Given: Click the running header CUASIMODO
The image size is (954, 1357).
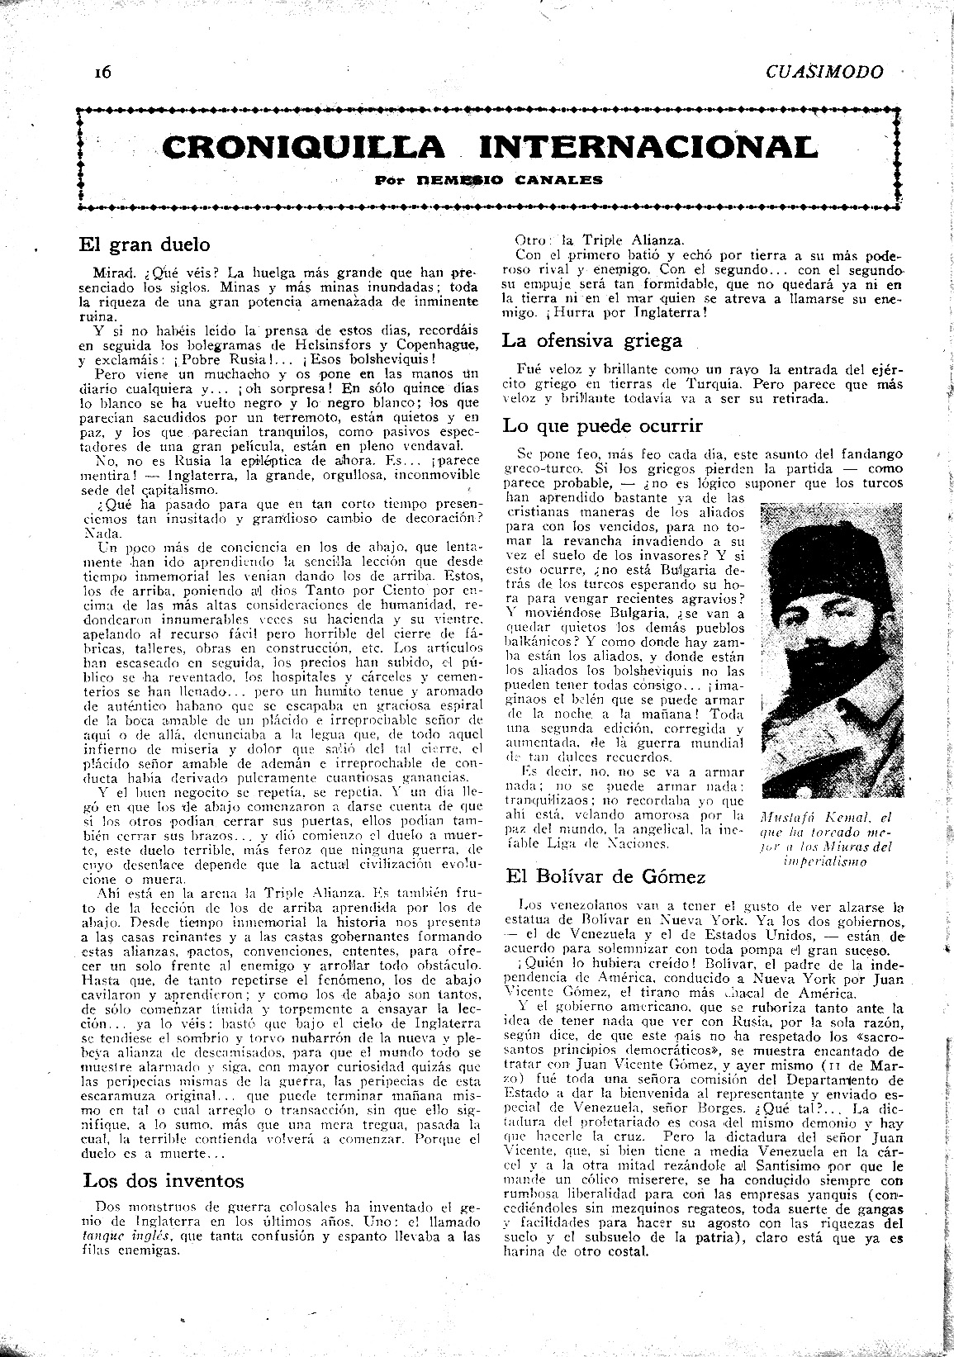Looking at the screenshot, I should (x=824, y=72).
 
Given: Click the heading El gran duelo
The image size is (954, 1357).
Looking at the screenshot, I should (x=145, y=244).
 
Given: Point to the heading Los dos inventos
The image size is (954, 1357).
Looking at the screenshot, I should (x=164, y=1179).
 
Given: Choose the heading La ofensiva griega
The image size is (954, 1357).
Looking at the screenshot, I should (x=592, y=340).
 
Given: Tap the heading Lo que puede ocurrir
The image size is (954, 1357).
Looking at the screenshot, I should (x=603, y=426).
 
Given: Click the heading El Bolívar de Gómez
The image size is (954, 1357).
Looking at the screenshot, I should (x=608, y=877).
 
